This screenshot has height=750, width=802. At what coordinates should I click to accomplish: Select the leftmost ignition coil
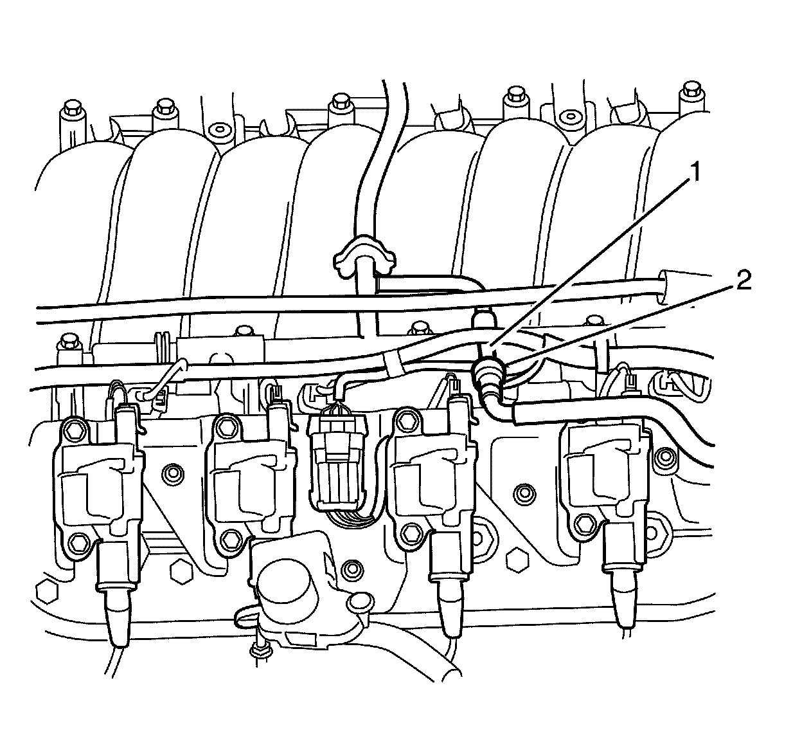[x=96, y=476]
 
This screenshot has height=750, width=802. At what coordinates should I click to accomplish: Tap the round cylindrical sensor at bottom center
[x=289, y=589]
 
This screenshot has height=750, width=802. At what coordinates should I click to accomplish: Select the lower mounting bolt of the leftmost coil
[x=76, y=542]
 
